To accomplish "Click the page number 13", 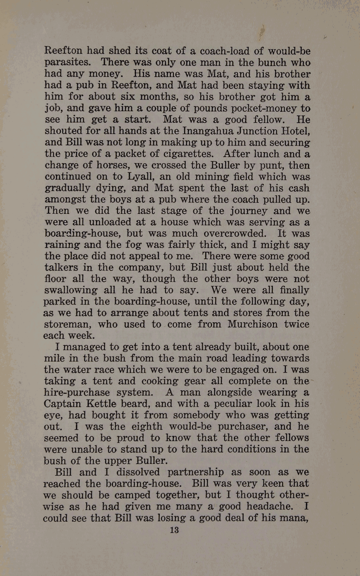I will click(x=174, y=530).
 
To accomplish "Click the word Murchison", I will click(x=252, y=324).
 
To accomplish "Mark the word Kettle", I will click(x=102, y=404).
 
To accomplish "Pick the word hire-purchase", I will click(x=76, y=393).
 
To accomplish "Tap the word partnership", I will click(x=196, y=472).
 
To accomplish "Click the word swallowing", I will click(x=70, y=290).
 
